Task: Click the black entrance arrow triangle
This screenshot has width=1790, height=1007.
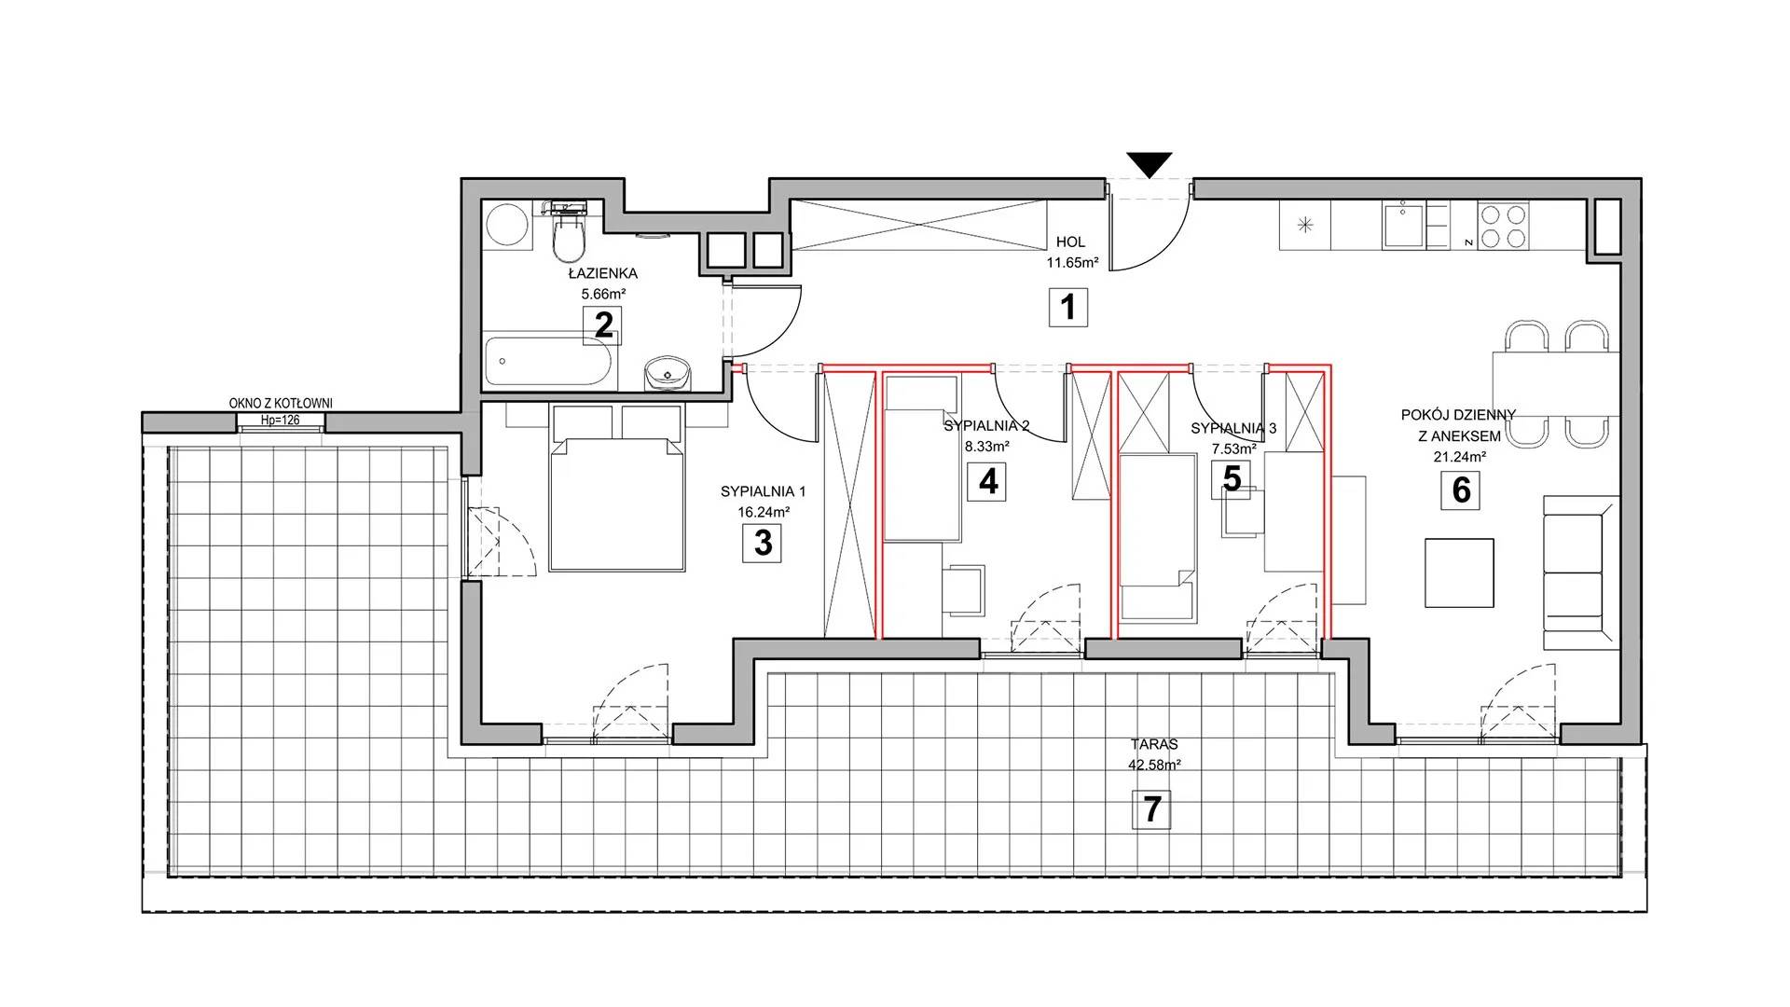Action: pyautogui.click(x=1149, y=164)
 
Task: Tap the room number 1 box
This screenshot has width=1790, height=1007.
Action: pyautogui.click(x=1068, y=307)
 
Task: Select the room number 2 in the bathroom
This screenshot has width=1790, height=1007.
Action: pyautogui.click(x=603, y=325)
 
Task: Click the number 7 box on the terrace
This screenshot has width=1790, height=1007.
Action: pyautogui.click(x=1152, y=808)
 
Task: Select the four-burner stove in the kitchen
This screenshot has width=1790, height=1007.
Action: pyautogui.click(x=1503, y=226)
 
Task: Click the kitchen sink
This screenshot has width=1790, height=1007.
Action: pyautogui.click(x=1403, y=226)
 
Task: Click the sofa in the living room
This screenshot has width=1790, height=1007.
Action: pyautogui.click(x=1581, y=572)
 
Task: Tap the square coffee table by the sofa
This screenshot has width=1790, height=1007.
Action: pyautogui.click(x=1459, y=573)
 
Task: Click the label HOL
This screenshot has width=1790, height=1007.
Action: pyautogui.click(x=1070, y=242)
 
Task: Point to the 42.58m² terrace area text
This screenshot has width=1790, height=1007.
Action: pyautogui.click(x=1154, y=765)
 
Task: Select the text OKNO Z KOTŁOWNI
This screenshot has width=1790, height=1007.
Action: pyautogui.click(x=281, y=404)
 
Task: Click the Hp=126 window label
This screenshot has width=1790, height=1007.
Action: pyautogui.click(x=280, y=421)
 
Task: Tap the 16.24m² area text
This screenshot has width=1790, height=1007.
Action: pyautogui.click(x=764, y=512)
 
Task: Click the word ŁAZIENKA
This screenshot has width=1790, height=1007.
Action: pyautogui.click(x=603, y=274)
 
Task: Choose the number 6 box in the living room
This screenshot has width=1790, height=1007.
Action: pyautogui.click(x=1461, y=490)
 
